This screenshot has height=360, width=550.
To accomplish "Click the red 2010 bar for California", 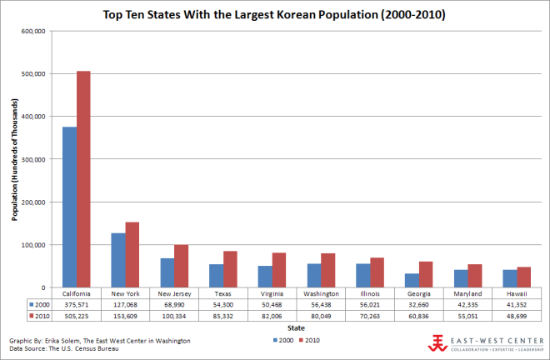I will (83, 179).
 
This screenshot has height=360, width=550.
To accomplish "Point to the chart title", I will (275, 15).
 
